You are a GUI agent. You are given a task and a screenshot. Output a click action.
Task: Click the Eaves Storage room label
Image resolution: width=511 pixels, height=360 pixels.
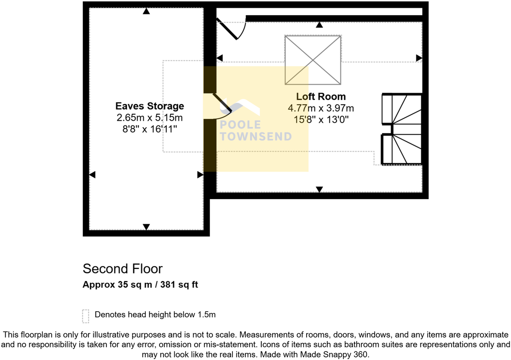(x=150, y=106)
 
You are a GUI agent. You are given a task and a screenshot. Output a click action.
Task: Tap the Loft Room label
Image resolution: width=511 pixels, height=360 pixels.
(x=321, y=97)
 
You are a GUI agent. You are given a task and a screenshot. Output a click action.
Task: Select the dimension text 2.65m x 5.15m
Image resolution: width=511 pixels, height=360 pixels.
(x=150, y=117)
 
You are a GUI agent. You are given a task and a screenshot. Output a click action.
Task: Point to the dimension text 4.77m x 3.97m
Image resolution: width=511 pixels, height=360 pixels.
(x=321, y=108)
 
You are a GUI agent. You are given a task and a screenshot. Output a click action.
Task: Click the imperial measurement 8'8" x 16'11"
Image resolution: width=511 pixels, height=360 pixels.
(x=150, y=128)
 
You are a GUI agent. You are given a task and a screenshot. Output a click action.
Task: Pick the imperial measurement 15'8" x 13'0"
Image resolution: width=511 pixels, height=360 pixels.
(x=321, y=120)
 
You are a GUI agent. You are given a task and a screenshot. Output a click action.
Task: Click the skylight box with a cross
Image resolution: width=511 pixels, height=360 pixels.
(x=313, y=60)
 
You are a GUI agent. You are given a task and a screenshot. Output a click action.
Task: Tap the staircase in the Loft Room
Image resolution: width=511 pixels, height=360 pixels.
(x=401, y=129)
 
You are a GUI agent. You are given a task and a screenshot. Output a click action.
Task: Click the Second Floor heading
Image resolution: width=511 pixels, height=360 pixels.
(x=122, y=269)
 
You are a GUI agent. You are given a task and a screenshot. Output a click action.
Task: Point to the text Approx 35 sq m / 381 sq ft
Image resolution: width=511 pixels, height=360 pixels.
(x=140, y=285)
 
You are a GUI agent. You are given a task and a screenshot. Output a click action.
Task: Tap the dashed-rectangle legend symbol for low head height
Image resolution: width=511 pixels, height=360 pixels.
(x=85, y=316)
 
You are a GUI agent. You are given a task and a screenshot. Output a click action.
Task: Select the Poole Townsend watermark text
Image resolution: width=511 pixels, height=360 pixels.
(x=255, y=130)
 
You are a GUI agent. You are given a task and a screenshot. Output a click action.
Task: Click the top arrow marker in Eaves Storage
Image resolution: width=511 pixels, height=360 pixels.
(x=146, y=12)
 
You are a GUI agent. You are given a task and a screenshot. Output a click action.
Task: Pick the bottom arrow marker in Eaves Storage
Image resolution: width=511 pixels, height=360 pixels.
(x=146, y=227)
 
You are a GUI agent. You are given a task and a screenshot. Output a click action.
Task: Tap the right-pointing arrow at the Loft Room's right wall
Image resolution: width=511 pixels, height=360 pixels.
(x=419, y=58)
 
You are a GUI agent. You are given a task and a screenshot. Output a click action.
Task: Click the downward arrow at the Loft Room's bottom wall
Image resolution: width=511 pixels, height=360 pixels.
(x=319, y=189)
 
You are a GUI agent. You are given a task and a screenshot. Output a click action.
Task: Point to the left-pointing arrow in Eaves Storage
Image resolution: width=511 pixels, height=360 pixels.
(x=92, y=175)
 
